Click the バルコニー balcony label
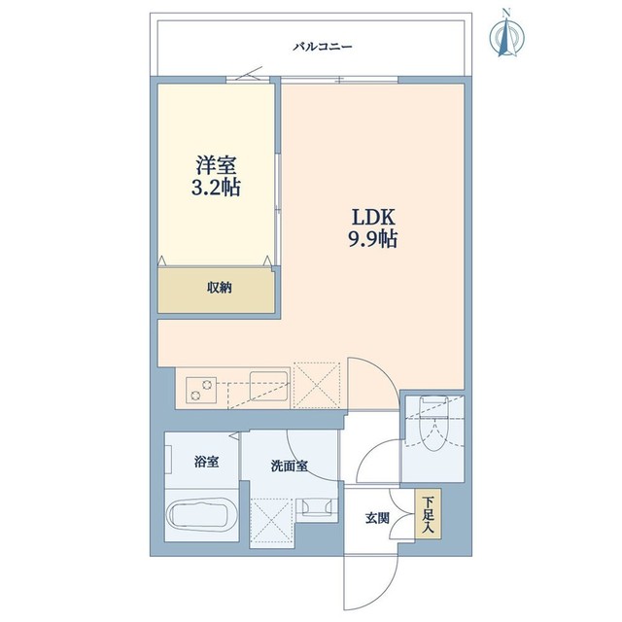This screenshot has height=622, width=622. click(x=323, y=46)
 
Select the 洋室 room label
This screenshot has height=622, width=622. click(x=215, y=165)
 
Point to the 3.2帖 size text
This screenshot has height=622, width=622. click(x=215, y=187)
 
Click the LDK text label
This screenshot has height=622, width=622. click(x=371, y=216)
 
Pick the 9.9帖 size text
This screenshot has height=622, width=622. click(x=371, y=238)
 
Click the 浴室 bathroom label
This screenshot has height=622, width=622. click(x=206, y=461)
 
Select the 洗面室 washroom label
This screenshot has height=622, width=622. click(x=289, y=466)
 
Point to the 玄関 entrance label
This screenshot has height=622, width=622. click(x=378, y=518)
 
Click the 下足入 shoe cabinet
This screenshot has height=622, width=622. click(x=428, y=514)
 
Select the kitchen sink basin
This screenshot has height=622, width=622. click(x=267, y=386)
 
